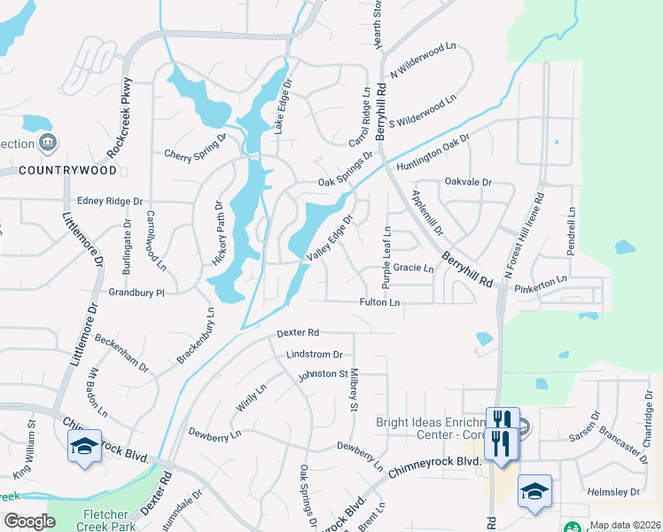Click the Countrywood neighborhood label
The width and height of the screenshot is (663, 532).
(x=67, y=169)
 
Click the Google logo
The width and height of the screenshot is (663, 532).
(x=29, y=521)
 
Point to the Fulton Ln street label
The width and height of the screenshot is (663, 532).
(x=380, y=302)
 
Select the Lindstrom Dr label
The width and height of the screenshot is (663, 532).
(x=314, y=354)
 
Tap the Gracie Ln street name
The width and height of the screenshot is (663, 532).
(x=413, y=268)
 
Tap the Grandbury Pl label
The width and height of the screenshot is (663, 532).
(x=136, y=292)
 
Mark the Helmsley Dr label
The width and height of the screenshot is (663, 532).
(x=612, y=491)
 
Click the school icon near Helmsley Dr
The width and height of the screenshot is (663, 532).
(x=535, y=490)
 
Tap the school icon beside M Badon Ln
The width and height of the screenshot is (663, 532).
(x=84, y=447)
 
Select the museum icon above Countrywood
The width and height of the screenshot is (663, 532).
(x=49, y=143)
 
